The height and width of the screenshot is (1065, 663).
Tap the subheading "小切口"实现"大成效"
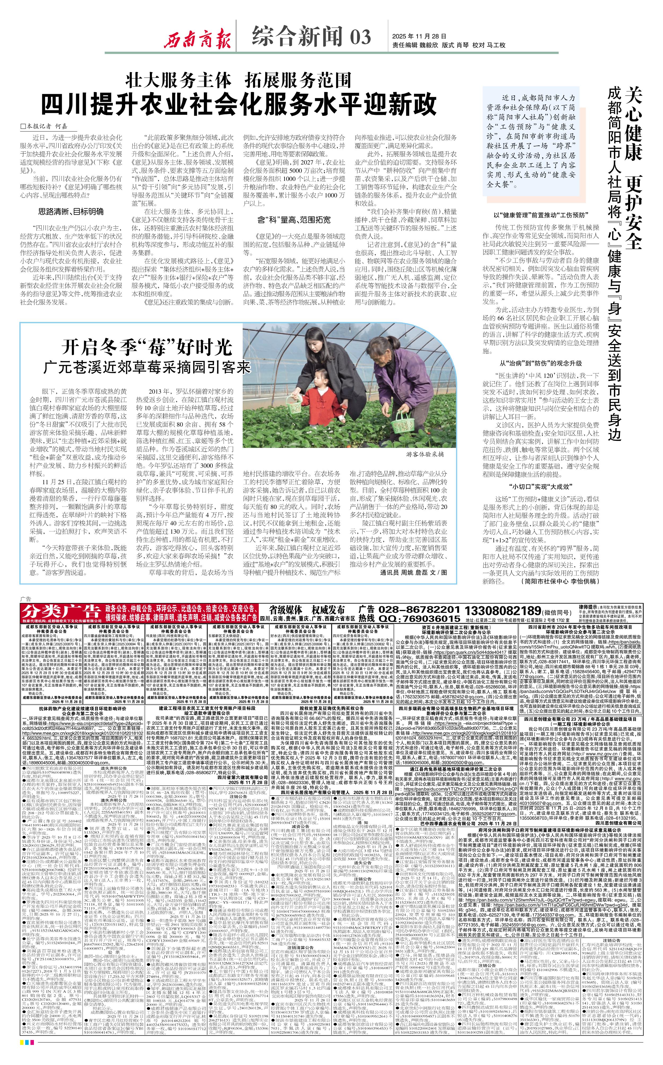(x=541, y=487)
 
